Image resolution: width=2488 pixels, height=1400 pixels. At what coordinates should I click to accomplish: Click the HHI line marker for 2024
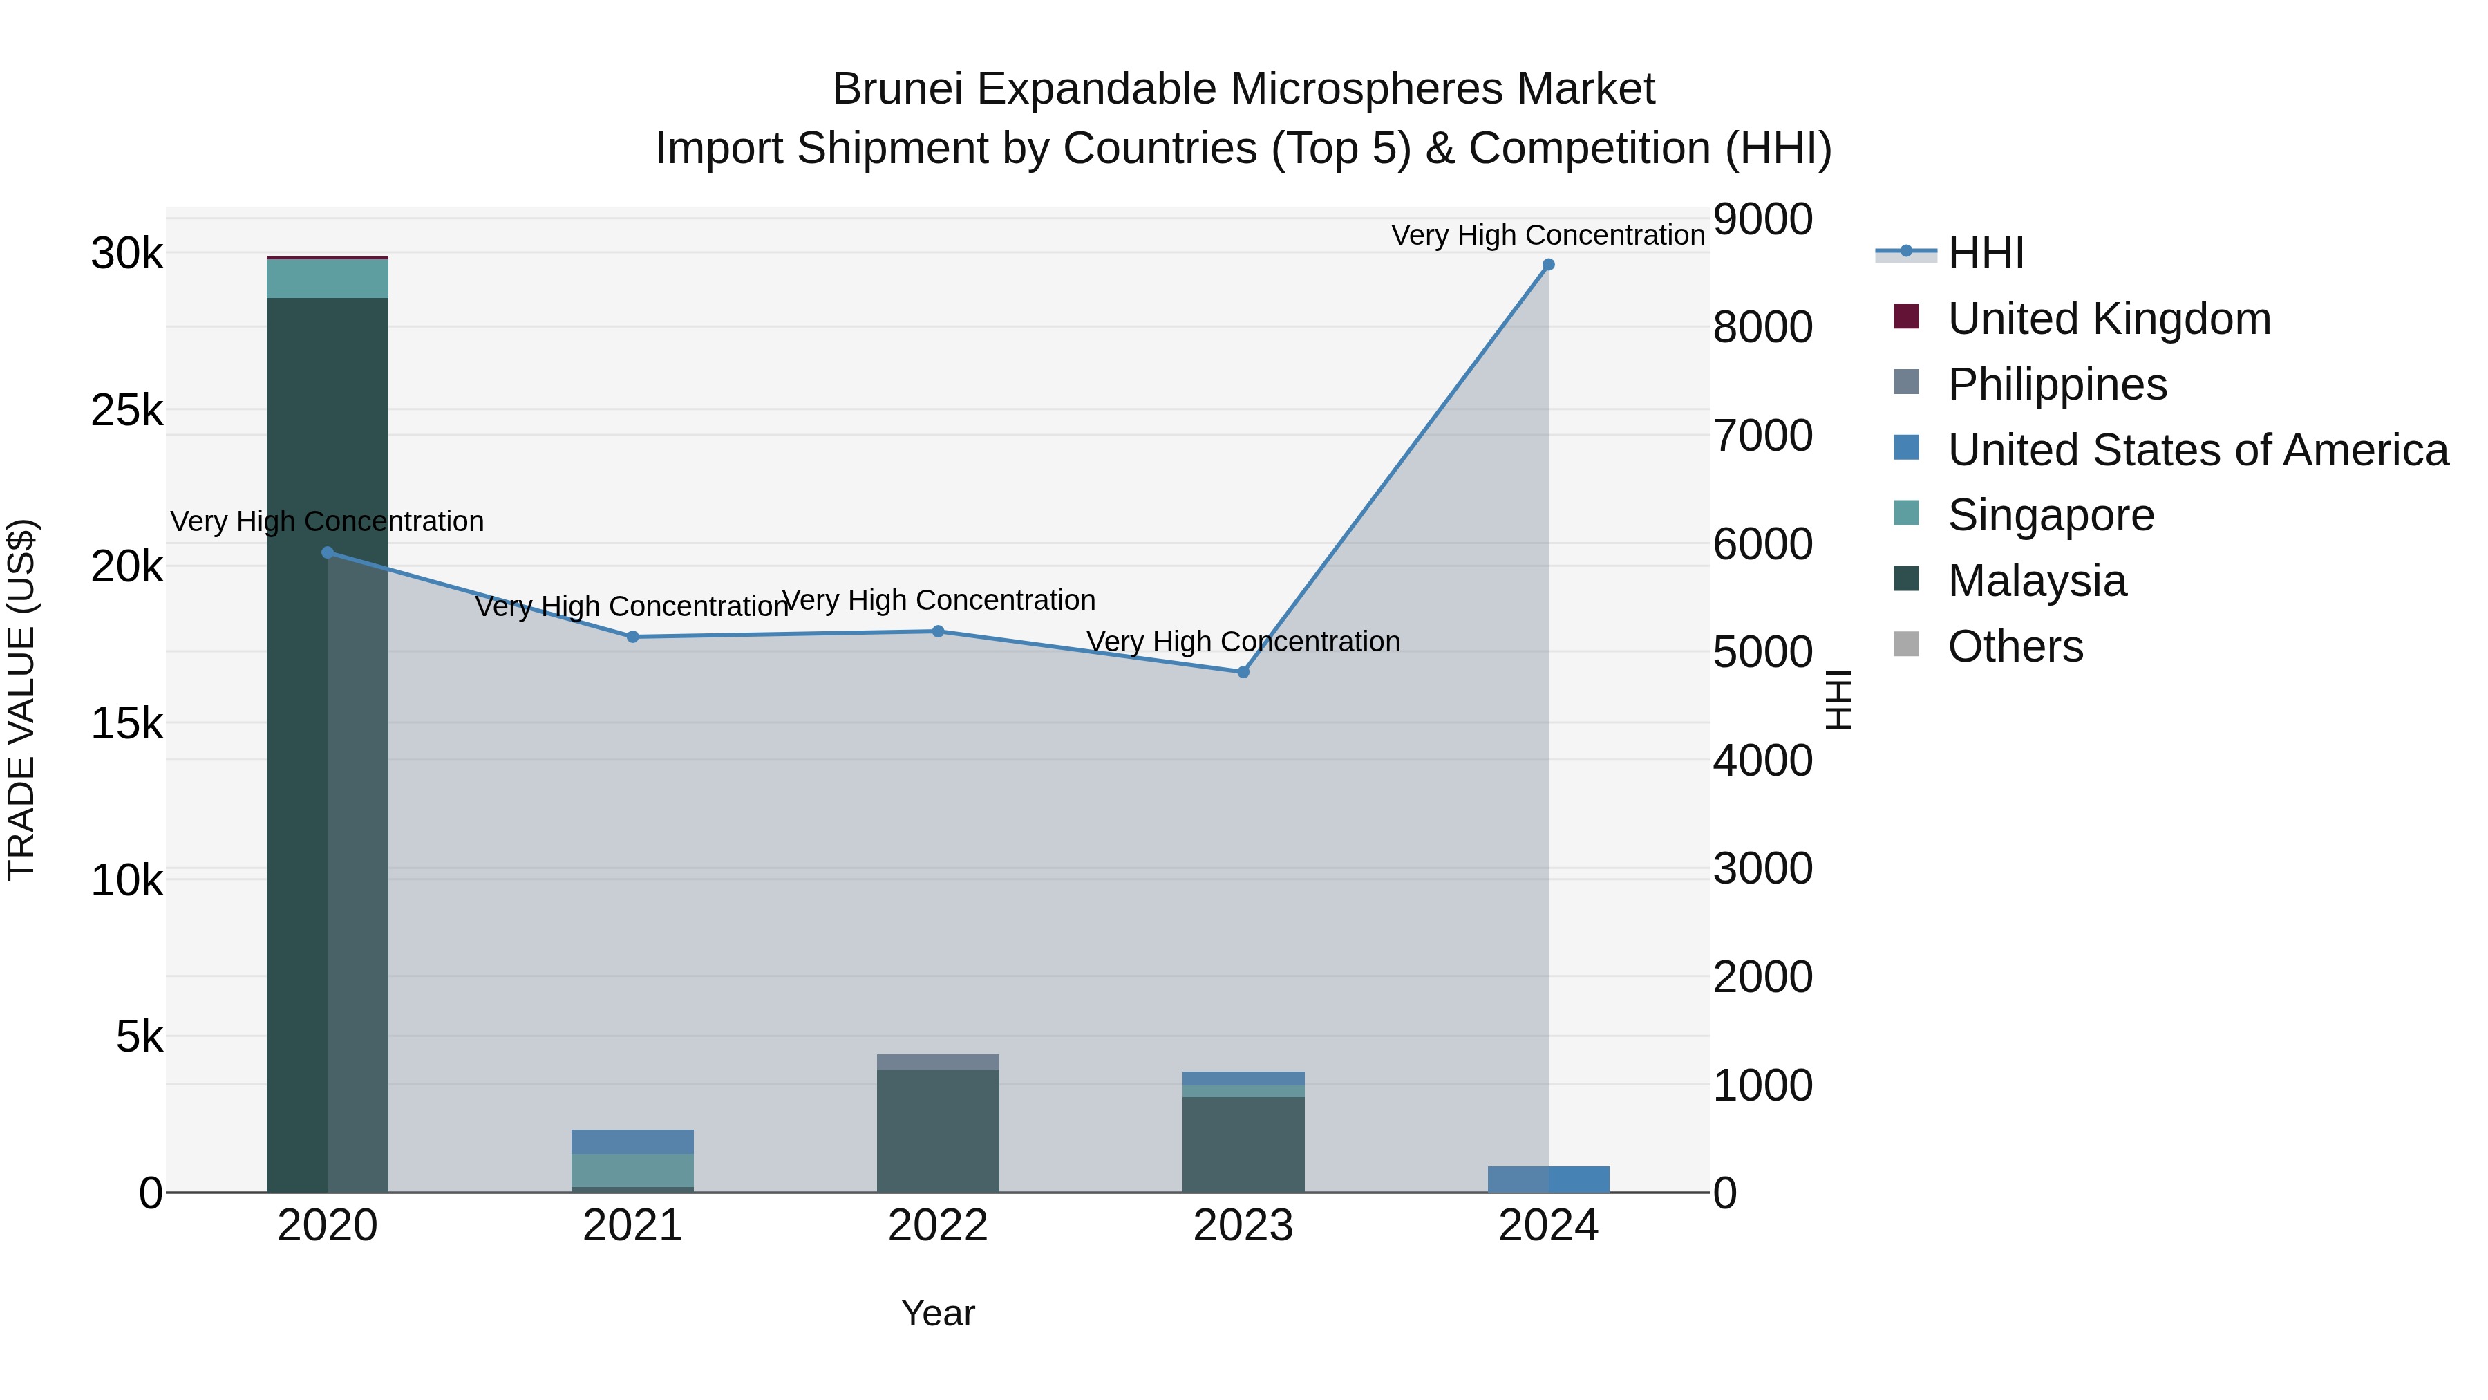[x=1548, y=265]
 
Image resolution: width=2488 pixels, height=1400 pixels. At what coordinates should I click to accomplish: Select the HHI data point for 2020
[x=328, y=552]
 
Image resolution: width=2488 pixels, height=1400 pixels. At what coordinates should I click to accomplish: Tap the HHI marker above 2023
[x=1243, y=673]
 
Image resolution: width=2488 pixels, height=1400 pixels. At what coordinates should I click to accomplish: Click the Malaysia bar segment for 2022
[x=938, y=1130]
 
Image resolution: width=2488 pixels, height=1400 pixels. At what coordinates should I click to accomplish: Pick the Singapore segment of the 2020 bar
[x=328, y=279]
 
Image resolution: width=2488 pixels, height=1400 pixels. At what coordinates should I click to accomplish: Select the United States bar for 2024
[x=1548, y=1179]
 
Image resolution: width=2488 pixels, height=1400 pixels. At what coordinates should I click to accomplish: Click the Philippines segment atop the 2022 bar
[x=938, y=1062]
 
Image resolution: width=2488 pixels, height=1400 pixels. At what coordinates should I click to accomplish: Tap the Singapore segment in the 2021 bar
[x=632, y=1170]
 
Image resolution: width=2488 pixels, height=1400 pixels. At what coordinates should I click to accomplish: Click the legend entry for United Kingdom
[x=2109, y=319]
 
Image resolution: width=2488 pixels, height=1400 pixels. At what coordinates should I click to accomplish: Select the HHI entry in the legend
[x=1985, y=253]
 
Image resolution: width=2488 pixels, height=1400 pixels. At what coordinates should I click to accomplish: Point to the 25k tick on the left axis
[x=126, y=411]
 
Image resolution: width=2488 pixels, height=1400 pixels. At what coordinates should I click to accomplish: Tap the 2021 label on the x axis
[x=632, y=1226]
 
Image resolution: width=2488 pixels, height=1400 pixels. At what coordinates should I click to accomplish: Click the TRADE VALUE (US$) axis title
[x=21, y=700]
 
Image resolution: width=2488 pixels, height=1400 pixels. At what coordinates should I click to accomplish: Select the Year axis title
[x=938, y=1313]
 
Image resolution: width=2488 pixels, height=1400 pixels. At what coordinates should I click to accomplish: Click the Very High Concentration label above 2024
[x=1547, y=235]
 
